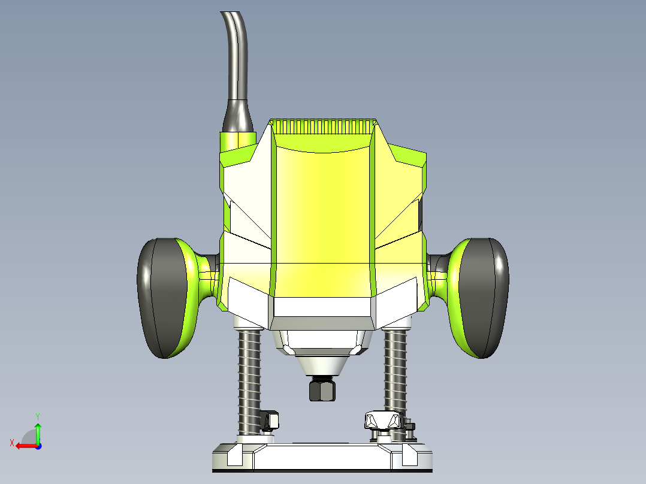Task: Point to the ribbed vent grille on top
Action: (323, 126)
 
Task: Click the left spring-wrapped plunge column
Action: (250, 380)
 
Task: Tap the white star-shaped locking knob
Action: (381, 420)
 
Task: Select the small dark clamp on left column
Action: (270, 420)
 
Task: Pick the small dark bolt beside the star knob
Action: (410, 429)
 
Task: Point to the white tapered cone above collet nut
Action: (322, 364)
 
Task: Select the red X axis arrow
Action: (24, 446)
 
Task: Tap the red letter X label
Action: (11, 443)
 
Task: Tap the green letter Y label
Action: (38, 416)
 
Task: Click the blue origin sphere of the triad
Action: (38, 446)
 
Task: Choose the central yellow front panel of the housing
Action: (322, 222)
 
